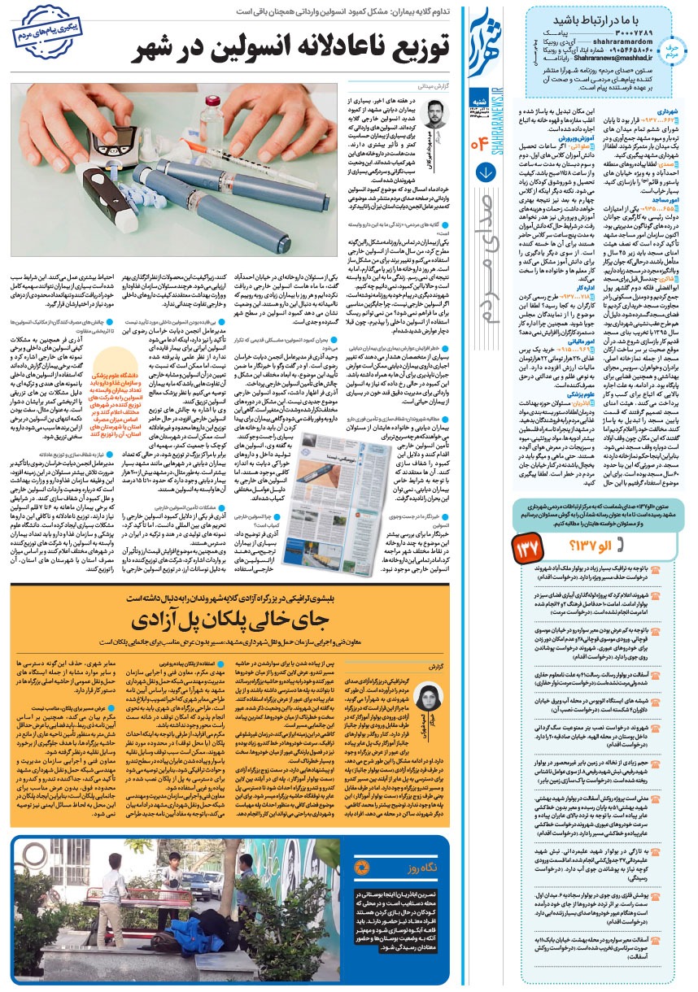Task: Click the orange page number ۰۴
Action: click(478, 146)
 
